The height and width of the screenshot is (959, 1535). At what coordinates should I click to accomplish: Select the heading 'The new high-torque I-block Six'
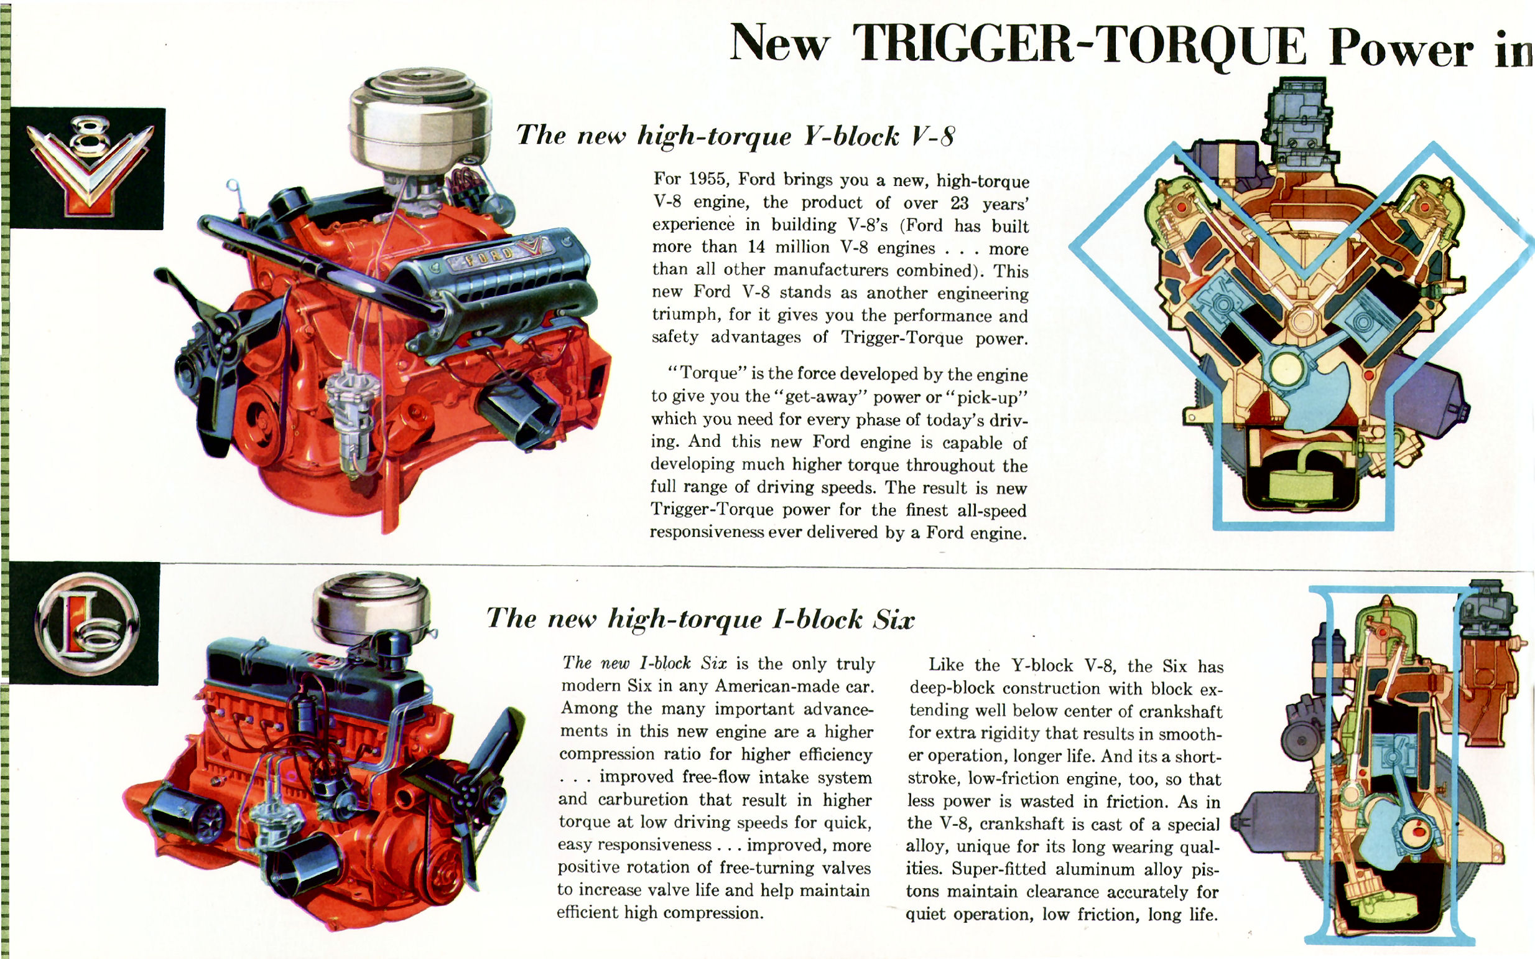pos(700,619)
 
